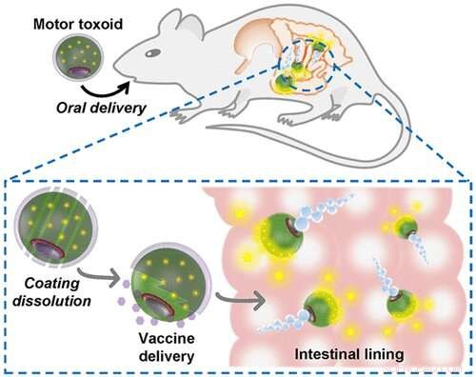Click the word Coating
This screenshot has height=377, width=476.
(x=49, y=281)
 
